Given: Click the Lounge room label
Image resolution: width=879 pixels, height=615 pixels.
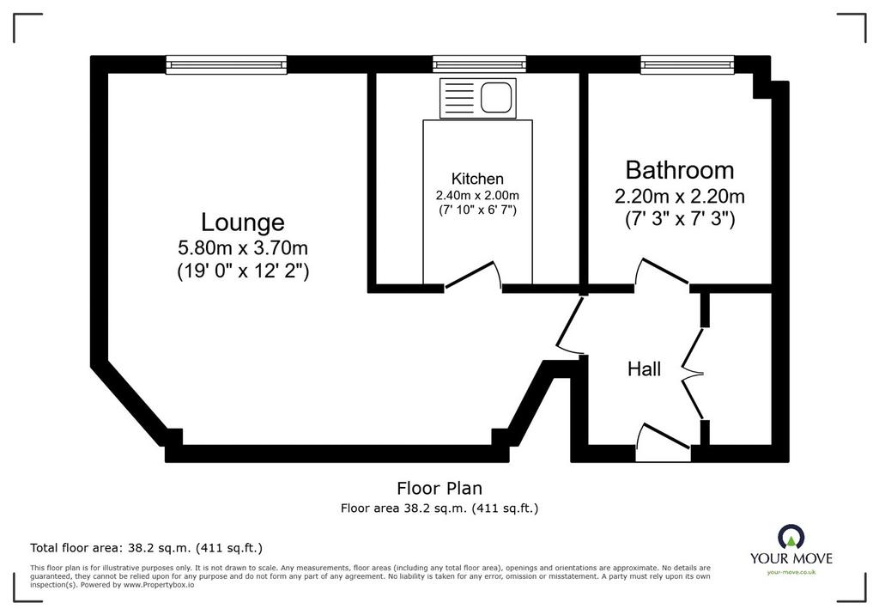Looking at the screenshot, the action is pyautogui.click(x=243, y=222).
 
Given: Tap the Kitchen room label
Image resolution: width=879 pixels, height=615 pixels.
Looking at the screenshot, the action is pyautogui.click(x=477, y=179).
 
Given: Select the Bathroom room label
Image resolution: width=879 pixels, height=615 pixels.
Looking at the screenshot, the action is pyautogui.click(x=680, y=169).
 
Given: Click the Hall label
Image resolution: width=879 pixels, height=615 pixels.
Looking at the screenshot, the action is pyautogui.click(x=644, y=368).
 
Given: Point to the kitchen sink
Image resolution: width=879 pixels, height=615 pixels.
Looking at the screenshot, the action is pyautogui.click(x=478, y=98).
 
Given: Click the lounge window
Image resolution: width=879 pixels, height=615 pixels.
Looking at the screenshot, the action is pyautogui.click(x=227, y=64).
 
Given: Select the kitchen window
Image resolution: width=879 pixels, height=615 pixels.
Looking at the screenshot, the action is pyautogui.click(x=479, y=64).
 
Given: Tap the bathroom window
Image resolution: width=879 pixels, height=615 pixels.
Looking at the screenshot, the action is pyautogui.click(x=688, y=64).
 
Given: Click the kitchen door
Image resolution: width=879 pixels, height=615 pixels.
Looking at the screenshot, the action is pyautogui.click(x=473, y=276).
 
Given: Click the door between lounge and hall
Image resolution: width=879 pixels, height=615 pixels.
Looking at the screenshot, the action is pyautogui.click(x=570, y=325).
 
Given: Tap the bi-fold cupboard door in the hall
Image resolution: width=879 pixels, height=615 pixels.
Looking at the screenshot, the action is pyautogui.click(x=694, y=373).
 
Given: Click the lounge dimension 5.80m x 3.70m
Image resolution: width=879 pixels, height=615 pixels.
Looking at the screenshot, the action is pyautogui.click(x=243, y=247).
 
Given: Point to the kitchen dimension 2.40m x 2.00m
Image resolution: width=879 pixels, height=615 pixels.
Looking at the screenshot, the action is pyautogui.click(x=477, y=195).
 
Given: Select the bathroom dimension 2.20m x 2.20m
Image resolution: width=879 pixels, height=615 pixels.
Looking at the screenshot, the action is pyautogui.click(x=680, y=197).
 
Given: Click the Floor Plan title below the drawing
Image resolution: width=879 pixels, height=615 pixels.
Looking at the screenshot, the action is pyautogui.click(x=439, y=488).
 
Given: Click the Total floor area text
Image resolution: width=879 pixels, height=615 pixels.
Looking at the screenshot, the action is pyautogui.click(x=146, y=548).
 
